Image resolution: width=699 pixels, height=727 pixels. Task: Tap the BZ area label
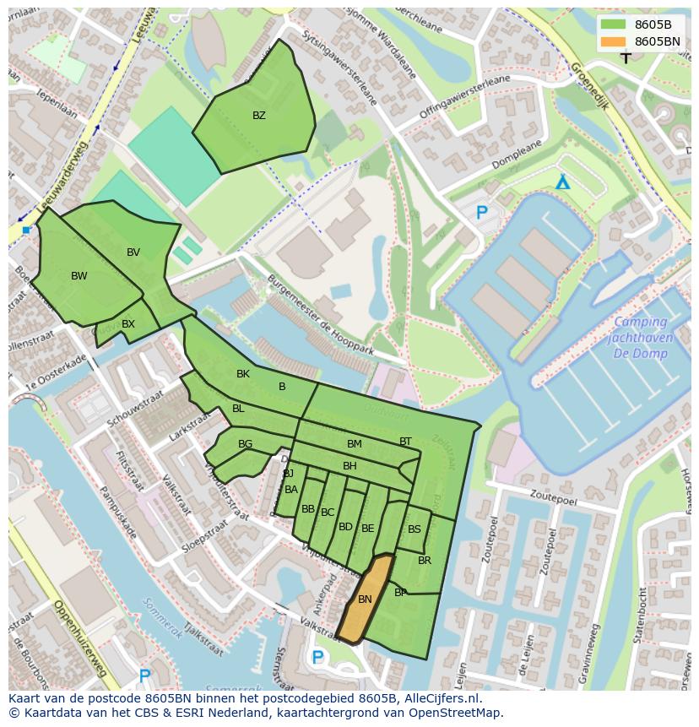(259, 116)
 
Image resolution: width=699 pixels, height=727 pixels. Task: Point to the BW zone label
(79, 276)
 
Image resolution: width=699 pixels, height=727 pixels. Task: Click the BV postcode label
(133, 252)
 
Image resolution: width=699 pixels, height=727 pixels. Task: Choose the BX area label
(128, 324)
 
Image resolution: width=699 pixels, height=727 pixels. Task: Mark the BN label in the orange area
(365, 600)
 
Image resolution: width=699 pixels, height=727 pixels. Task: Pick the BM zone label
(355, 444)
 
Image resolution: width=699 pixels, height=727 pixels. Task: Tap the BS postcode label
(415, 529)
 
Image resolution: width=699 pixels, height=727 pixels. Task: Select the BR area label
(425, 561)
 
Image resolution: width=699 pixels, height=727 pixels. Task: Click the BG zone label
(246, 444)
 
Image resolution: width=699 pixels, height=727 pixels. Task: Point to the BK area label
(243, 374)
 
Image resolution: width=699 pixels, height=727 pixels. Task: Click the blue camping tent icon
(563, 182)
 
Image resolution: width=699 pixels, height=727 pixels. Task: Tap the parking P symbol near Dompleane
(482, 214)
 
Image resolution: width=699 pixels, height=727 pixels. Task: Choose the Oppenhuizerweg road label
(79, 637)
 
